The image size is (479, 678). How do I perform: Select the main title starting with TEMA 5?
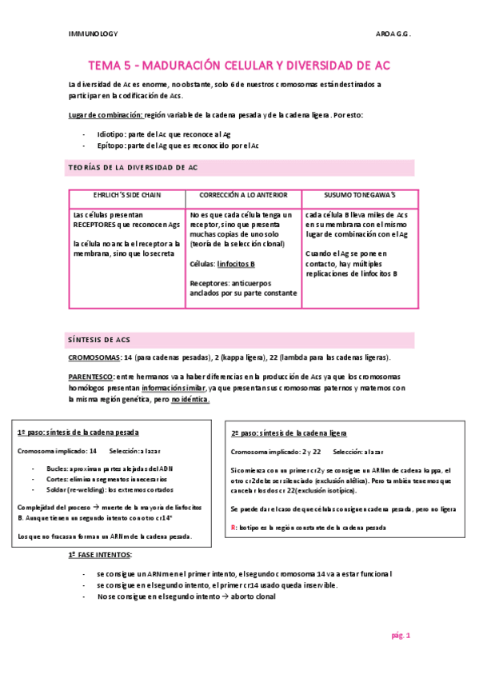pos(239,65)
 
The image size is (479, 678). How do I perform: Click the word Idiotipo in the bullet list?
pos(112,134)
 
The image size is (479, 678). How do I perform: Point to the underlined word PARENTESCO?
pos(92,376)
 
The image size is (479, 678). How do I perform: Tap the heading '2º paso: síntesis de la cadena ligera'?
pos(288,433)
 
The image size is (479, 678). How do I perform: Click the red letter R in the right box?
pos(233,505)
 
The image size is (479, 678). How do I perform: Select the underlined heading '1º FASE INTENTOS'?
pos(101,554)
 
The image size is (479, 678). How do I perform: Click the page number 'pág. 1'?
pos(400,636)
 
